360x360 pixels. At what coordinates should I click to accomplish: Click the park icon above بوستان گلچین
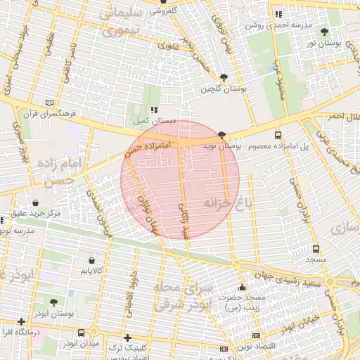pyautogui.click(x=224, y=77)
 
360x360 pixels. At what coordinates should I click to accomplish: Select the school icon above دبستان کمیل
pyautogui.click(x=154, y=110)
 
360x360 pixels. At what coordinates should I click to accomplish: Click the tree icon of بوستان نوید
pyautogui.click(x=222, y=134)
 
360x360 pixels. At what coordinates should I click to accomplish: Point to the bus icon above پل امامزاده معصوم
pyautogui.click(x=278, y=135)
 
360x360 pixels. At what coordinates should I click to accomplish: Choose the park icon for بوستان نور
pyautogui.click(x=324, y=32)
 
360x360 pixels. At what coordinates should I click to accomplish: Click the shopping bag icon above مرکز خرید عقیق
pyautogui.click(x=36, y=202)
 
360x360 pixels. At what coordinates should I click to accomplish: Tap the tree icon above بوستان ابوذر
pyautogui.click(x=53, y=302)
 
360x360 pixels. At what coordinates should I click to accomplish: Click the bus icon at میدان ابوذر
pyautogui.click(x=82, y=332)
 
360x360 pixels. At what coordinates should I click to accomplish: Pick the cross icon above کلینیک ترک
pyautogui.click(x=127, y=337)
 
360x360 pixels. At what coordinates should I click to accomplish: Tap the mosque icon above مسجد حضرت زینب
pyautogui.click(x=243, y=287)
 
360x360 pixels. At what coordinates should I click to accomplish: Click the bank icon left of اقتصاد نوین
pyautogui.click(x=255, y=336)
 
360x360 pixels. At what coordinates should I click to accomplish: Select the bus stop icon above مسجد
pyautogui.click(x=316, y=248)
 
